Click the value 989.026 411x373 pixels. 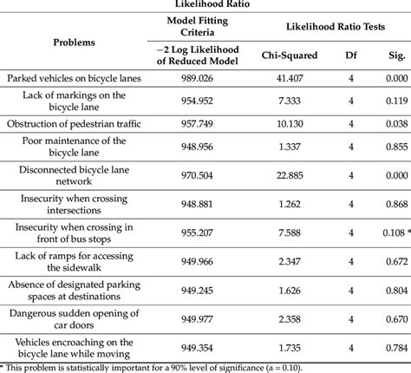pyautogui.click(x=201, y=78)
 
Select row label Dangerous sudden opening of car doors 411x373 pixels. pyautogui.click(x=75, y=319)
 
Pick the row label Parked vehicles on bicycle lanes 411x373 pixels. pyautogui.click(x=75, y=78)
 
